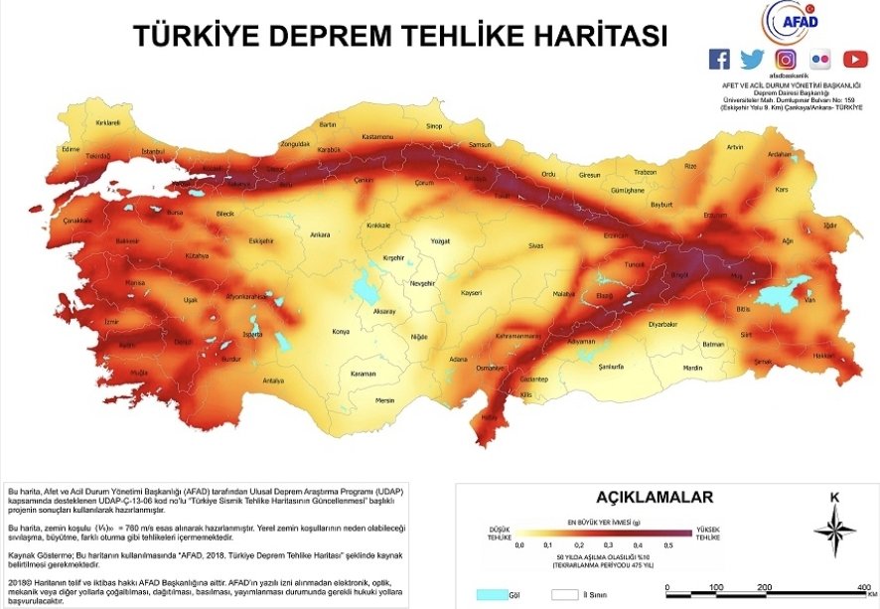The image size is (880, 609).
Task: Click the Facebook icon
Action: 719,59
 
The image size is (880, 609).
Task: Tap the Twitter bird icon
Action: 752,59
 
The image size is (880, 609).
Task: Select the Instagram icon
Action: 786,59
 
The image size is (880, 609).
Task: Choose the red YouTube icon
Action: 855,59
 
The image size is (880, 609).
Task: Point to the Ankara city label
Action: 320,234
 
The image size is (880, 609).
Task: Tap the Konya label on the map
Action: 341,331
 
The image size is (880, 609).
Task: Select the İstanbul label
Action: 153,151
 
